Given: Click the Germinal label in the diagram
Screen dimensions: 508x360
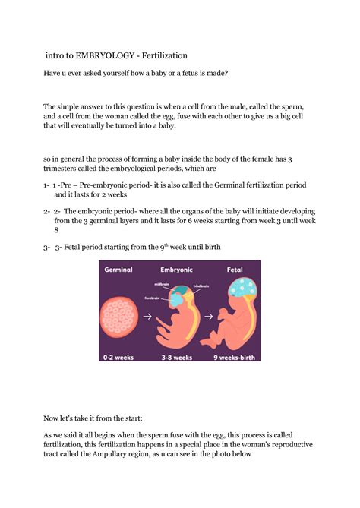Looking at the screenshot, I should click(x=118, y=270).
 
